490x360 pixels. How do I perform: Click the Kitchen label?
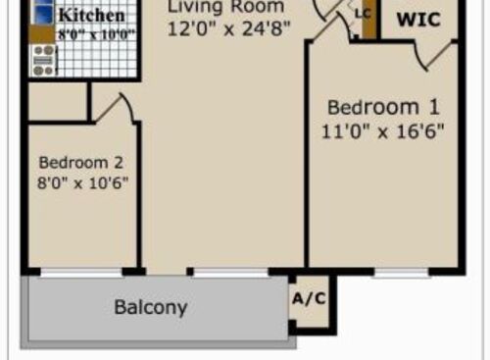click(91, 16)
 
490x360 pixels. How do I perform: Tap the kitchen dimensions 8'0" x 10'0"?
click(96, 33)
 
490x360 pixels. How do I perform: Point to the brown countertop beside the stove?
click(41, 34)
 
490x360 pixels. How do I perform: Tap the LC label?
click(363, 14)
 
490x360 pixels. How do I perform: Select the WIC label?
click(417, 18)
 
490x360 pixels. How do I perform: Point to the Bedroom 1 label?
click(383, 107)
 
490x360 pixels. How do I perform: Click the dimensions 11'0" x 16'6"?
click(383, 129)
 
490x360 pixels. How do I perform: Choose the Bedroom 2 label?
click(82, 162)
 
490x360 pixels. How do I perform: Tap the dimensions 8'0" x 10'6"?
click(82, 182)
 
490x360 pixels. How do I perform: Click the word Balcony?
click(150, 307)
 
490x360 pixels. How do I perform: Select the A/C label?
click(309, 299)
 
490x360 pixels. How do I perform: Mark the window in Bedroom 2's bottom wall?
click(81, 272)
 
